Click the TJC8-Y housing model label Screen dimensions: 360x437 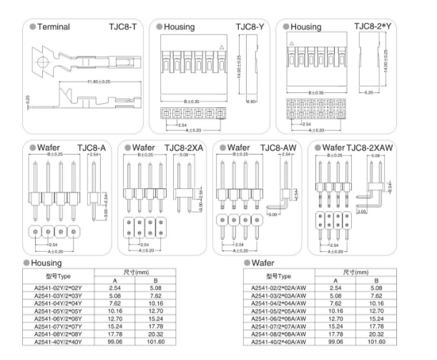250,26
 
